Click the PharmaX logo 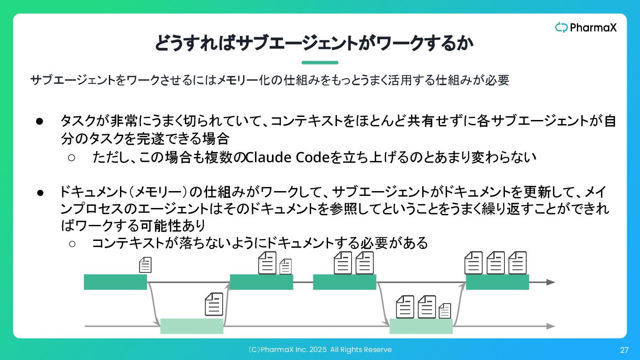click(586, 28)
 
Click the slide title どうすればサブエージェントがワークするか click(314, 43)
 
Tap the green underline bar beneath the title click(320, 63)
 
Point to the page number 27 click(624, 350)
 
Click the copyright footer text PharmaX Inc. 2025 click(320, 350)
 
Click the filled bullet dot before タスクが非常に click(39, 121)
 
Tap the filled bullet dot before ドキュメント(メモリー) click(39, 193)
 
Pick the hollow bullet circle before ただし click(72, 157)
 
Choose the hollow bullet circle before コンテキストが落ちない click(72, 244)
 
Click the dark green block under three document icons click(497, 282)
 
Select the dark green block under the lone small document click(115, 282)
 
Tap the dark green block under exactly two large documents click(344, 282)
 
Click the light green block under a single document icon click(192, 326)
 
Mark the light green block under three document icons click(421, 326)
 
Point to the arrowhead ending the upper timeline click(551, 282)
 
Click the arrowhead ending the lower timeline click(551, 326)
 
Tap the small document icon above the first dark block click(145, 265)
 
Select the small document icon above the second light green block click(445, 311)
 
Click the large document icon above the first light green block click(214, 304)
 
